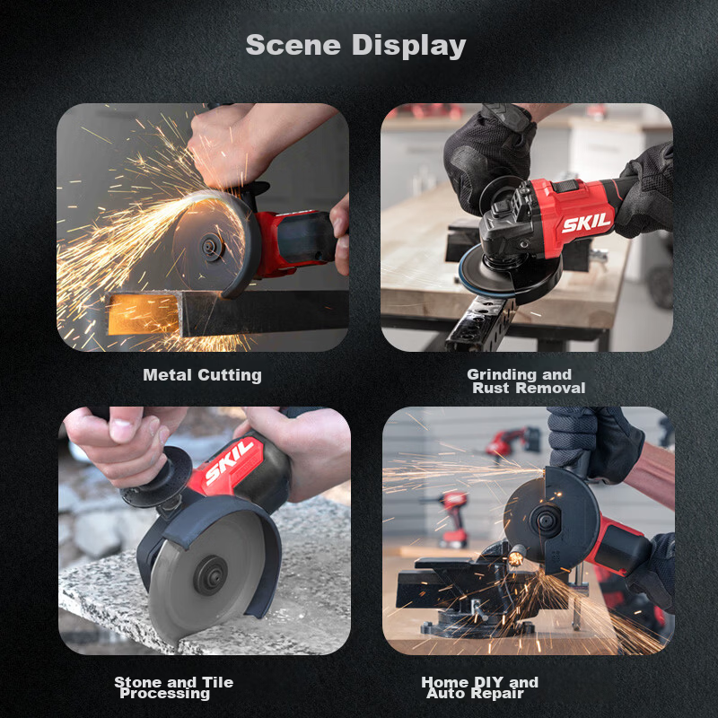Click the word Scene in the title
293,45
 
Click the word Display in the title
409,46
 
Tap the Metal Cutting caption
203,375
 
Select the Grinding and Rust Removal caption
526,381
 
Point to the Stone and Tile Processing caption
173,687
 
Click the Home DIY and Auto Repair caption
479,687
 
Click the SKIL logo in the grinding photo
586,223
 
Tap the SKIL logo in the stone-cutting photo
229,461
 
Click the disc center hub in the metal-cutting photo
213,248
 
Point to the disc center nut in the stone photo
210,575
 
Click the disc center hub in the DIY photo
547,520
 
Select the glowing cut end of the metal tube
143,313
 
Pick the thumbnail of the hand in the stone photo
121,429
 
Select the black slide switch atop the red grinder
565,187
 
